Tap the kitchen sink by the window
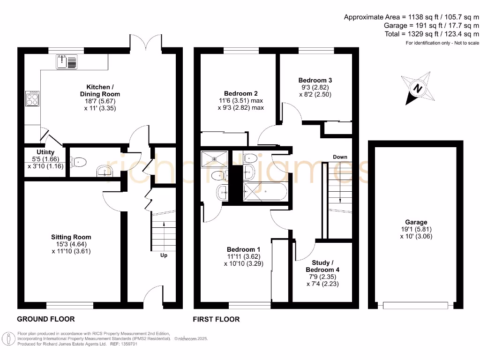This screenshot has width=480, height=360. click(66, 61)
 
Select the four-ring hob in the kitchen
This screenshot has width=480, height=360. click(32, 99)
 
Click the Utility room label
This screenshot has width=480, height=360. click(45, 152)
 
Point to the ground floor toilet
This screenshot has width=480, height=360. click(79, 162)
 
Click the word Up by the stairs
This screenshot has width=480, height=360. click(164, 256)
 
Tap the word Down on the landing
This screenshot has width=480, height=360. click(340, 157)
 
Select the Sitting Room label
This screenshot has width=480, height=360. click(71, 237)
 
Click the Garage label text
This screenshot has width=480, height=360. click(416, 222)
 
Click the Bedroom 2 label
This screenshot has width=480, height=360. click(240, 94)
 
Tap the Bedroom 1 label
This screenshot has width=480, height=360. click(244, 249)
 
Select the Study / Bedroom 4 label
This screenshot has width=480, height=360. click(322, 266)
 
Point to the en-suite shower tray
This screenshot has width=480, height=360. click(215, 159)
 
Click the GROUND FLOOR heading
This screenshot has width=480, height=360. click(46, 319)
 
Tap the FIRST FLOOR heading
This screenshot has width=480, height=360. click(217, 319)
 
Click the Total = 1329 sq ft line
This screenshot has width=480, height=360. click(430, 34)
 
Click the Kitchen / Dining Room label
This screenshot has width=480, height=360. click(100, 91)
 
